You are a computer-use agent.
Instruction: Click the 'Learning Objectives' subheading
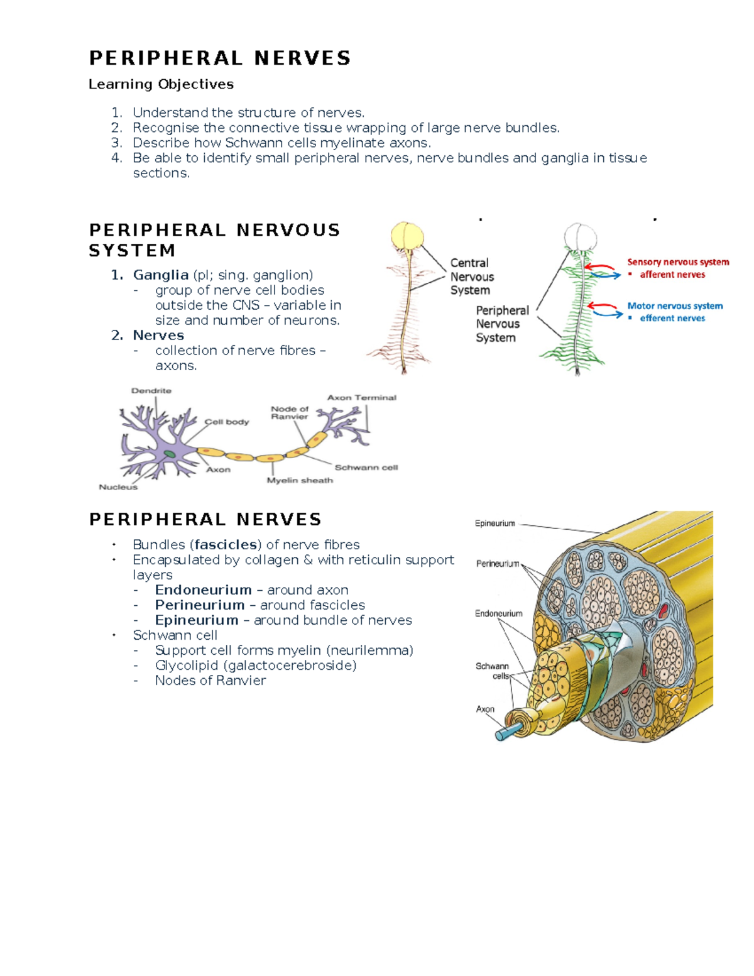click(161, 84)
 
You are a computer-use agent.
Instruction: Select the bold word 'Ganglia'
click(161, 275)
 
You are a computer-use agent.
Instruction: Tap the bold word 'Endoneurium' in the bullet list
click(203, 590)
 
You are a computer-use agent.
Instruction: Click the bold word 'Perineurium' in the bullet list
click(200, 605)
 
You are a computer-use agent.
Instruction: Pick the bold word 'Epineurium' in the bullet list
click(197, 620)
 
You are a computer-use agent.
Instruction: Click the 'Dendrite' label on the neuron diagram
click(151, 391)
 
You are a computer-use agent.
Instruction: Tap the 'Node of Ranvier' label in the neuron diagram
click(290, 412)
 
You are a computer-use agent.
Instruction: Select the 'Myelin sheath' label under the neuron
click(300, 481)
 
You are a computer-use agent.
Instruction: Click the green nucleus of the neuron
click(170, 453)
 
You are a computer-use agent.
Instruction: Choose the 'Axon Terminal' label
click(361, 398)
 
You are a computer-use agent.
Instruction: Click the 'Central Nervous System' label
click(471, 277)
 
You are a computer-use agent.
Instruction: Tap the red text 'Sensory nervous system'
click(678, 262)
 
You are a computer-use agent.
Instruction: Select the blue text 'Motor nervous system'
click(675, 306)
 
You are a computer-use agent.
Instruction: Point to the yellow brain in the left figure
click(408, 236)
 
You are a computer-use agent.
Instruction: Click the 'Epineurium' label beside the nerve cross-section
click(494, 524)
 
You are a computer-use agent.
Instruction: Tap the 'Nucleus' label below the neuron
click(117, 487)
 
